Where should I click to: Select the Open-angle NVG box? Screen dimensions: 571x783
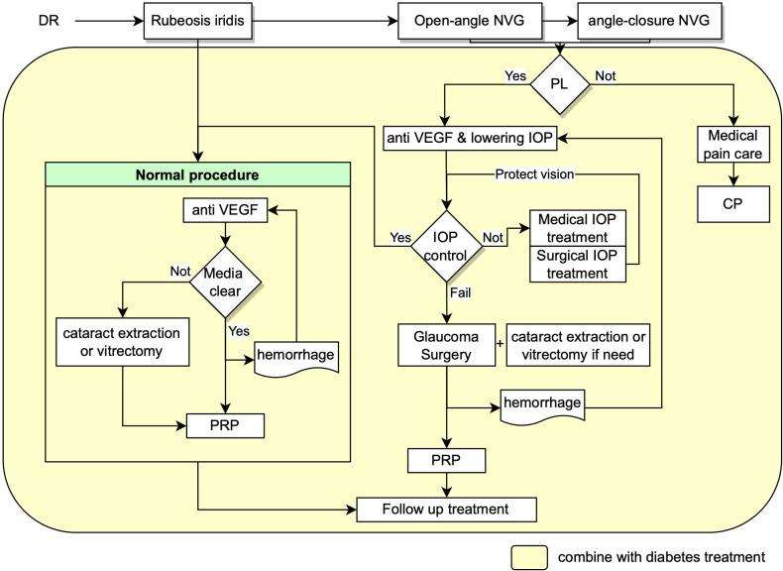[461, 20]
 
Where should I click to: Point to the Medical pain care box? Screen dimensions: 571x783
[734, 145]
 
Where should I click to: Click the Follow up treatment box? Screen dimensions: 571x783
[445, 509]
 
